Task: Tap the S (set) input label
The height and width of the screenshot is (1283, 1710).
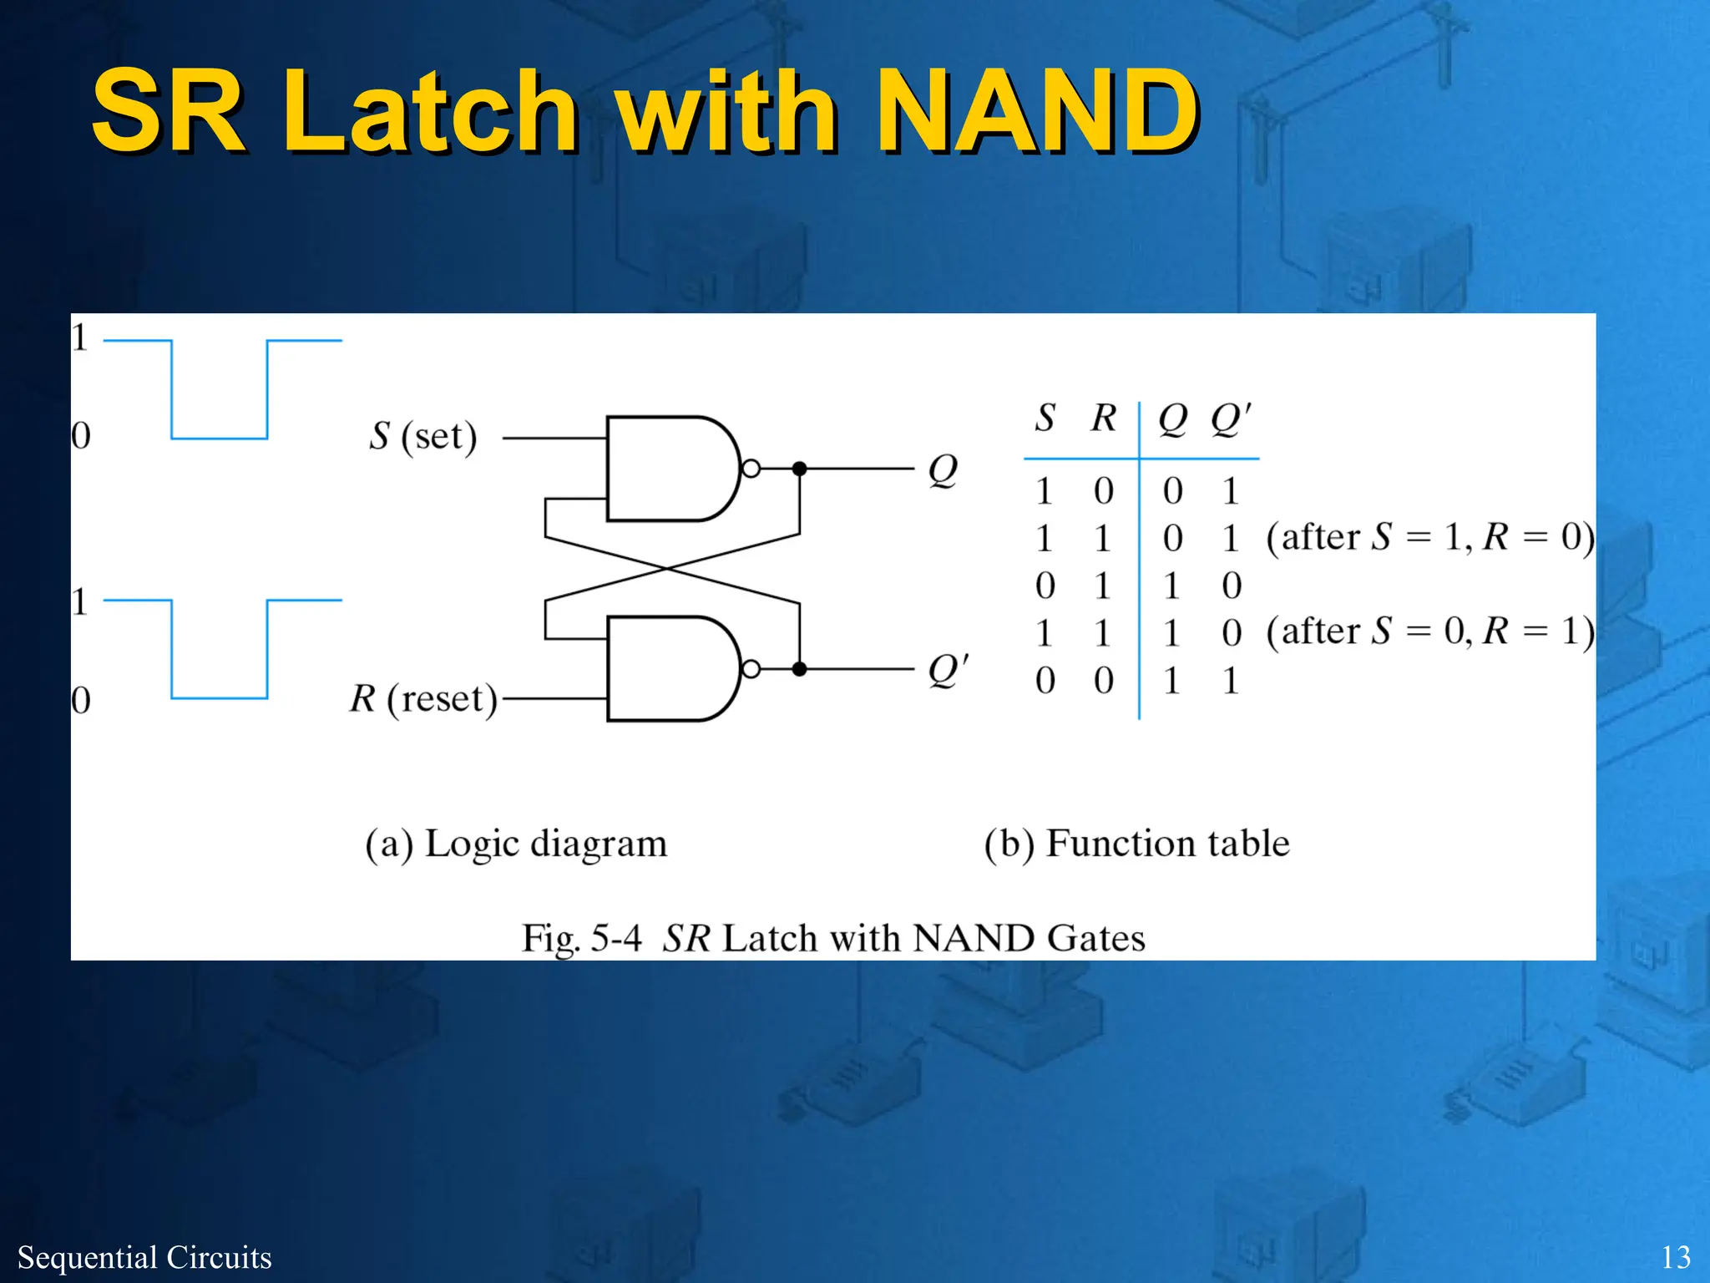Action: pos(423,436)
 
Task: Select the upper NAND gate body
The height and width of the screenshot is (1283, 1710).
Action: pos(668,469)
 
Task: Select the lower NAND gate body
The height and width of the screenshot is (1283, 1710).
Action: pos(668,668)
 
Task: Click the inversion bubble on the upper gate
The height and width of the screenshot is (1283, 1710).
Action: pos(751,469)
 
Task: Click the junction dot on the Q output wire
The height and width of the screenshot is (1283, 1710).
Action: pos(799,469)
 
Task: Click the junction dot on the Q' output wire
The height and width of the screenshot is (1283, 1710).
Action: pos(799,668)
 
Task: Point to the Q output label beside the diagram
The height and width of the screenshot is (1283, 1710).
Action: pos(943,470)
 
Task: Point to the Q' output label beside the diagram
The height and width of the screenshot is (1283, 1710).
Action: pos(948,669)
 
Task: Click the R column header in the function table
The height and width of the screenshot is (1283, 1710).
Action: pos(1104,418)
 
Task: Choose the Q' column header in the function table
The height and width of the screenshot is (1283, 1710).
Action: pos(1231,418)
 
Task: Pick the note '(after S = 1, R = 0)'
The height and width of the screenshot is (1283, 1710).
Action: pos(1429,537)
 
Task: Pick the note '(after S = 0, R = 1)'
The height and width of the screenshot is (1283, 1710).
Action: pos(1429,631)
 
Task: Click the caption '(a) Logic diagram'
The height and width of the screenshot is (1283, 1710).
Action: pos(516,844)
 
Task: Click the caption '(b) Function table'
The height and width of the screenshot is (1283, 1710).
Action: pos(1136,844)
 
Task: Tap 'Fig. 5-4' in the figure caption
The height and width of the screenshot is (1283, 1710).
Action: pos(581,938)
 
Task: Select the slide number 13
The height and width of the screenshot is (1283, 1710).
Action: pos(1675,1257)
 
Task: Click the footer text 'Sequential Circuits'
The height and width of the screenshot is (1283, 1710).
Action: pos(144,1257)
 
